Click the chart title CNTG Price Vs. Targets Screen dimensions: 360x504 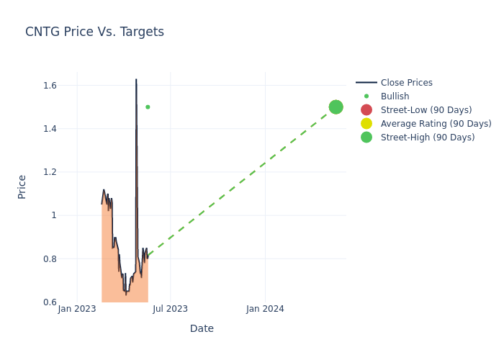(94, 32)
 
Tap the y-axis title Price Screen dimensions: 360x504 (22, 186)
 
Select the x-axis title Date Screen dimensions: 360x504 (202, 328)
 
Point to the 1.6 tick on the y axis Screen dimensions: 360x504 (50, 86)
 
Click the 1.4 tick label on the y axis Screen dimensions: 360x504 (50, 129)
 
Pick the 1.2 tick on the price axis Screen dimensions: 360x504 (50, 172)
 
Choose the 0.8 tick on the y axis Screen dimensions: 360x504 (50, 258)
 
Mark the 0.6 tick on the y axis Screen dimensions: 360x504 (50, 302)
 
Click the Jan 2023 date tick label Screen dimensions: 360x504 (77, 309)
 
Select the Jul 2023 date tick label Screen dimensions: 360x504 (171, 309)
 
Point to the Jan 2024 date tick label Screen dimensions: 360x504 (265, 309)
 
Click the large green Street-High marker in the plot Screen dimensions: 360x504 (336, 107)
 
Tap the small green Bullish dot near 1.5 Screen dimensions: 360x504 (148, 107)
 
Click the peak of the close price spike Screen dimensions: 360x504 (136, 80)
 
